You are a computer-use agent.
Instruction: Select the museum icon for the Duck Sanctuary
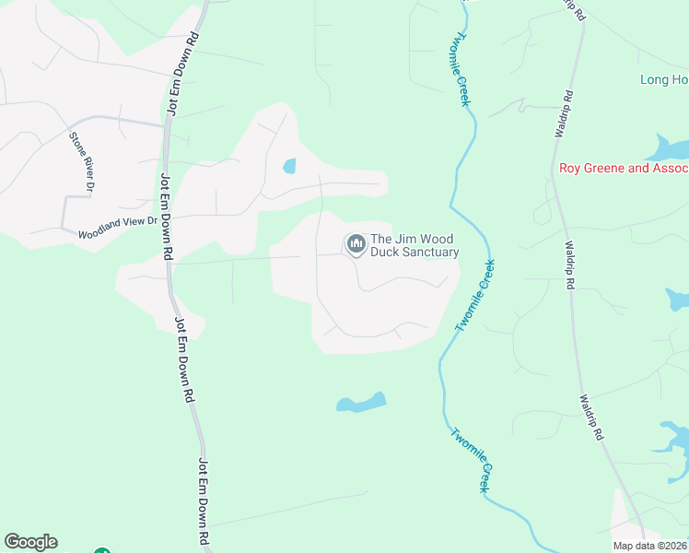(x=356, y=244)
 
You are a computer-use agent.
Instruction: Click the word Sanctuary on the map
(x=424, y=253)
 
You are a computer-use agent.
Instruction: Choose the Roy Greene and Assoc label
(x=624, y=169)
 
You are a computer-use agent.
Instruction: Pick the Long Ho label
(x=664, y=80)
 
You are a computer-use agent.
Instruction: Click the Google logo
(x=30, y=542)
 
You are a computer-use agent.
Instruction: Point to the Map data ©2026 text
(x=650, y=546)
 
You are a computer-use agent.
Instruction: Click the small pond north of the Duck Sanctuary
(x=289, y=167)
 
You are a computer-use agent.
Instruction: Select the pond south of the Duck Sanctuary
(x=361, y=403)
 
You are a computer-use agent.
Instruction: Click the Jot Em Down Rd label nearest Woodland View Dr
(x=168, y=215)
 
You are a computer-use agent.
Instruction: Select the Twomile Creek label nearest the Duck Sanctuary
(x=475, y=295)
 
